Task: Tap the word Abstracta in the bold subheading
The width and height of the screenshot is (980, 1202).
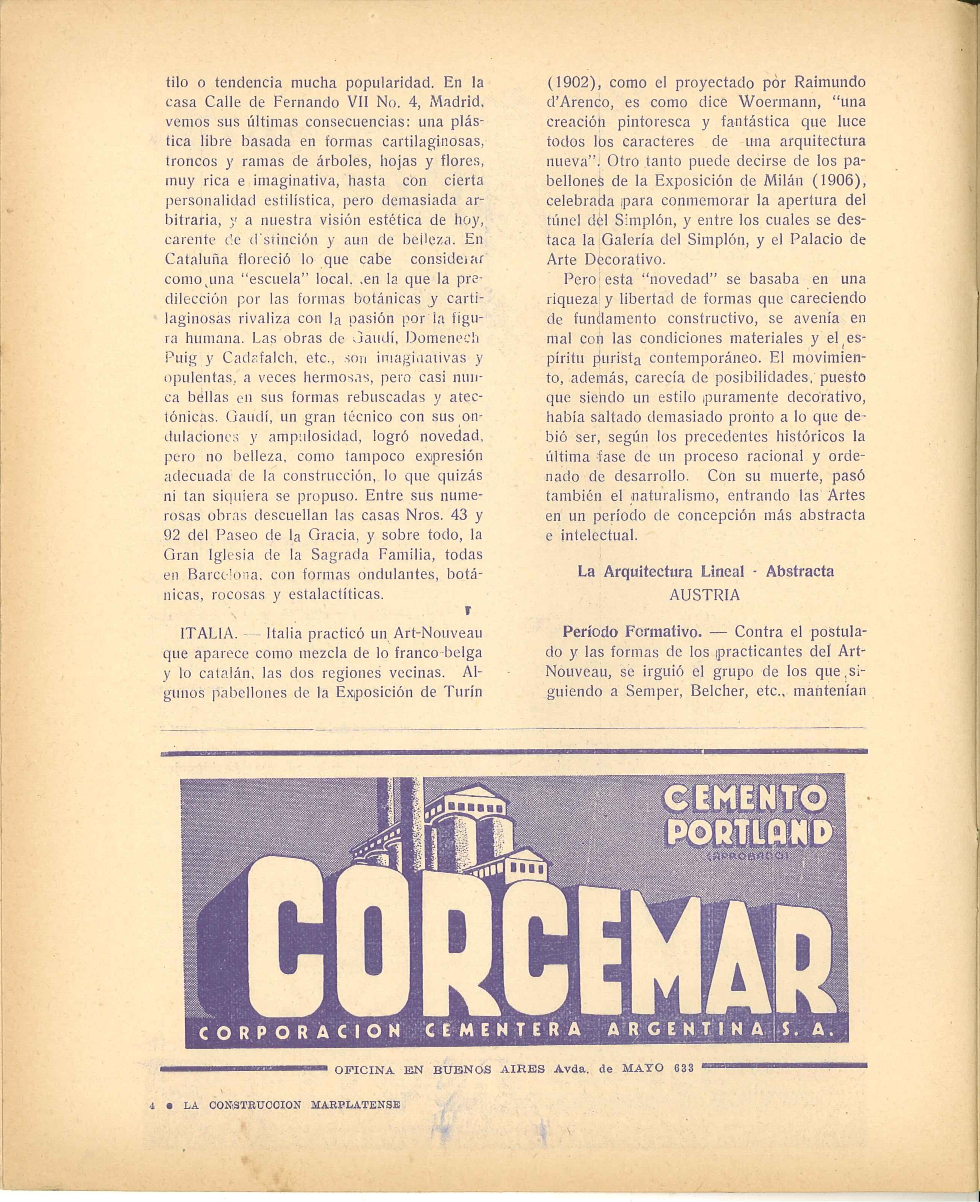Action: (x=800, y=571)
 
